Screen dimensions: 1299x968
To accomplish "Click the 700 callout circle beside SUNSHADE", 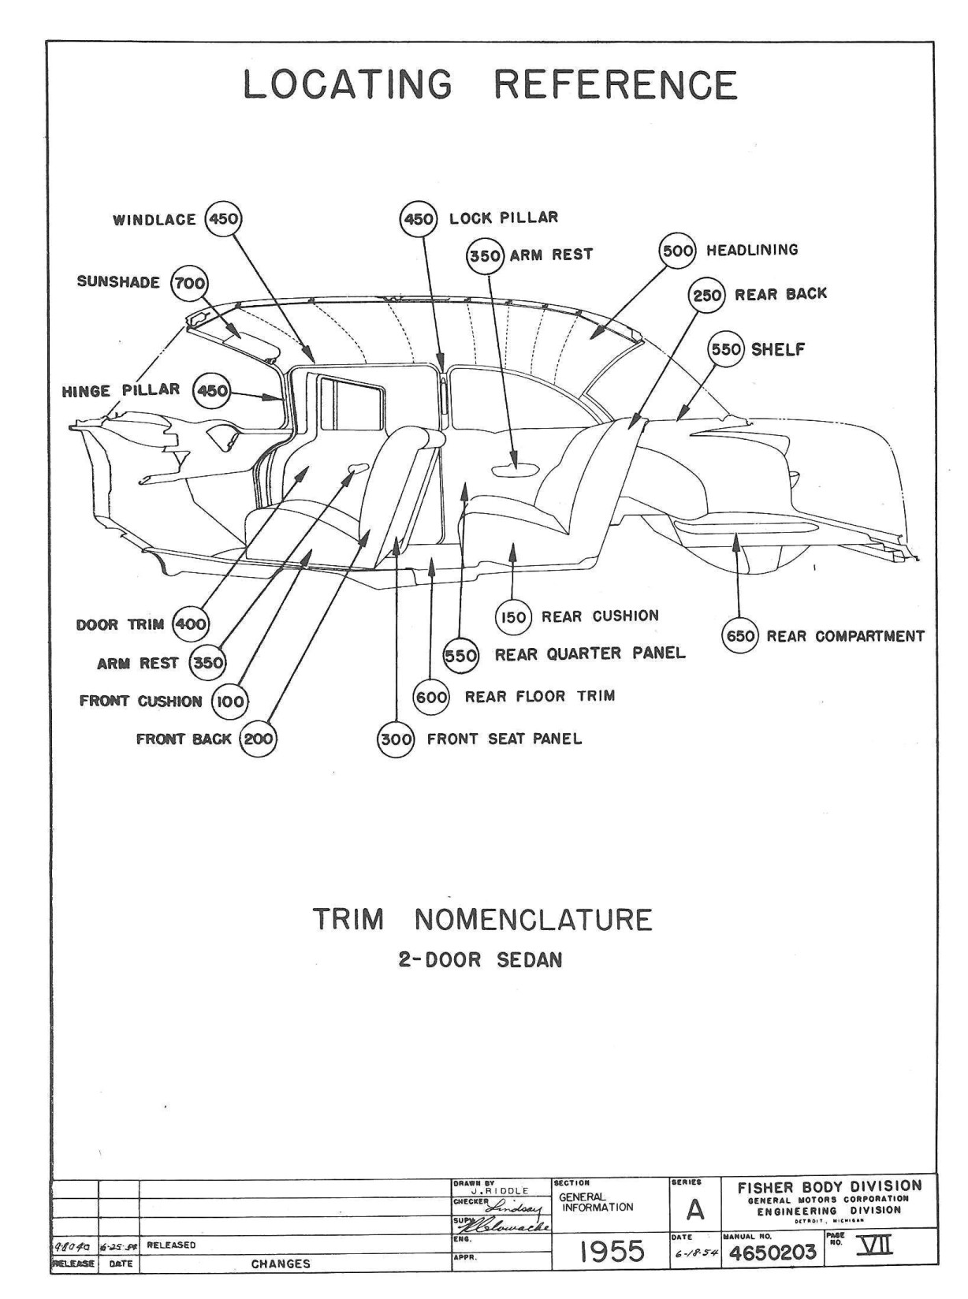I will (x=189, y=283).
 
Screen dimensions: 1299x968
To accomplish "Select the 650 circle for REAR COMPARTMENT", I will (x=741, y=636).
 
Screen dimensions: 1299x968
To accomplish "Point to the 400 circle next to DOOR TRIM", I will (x=190, y=625).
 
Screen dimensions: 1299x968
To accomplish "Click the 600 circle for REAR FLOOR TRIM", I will (x=432, y=697).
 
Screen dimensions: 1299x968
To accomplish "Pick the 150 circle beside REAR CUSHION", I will (x=513, y=617).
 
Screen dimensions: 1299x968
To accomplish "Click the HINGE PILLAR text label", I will (x=121, y=390).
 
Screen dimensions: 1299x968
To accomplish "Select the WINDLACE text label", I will (x=155, y=220).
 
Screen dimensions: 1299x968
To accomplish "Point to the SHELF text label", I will (x=778, y=349).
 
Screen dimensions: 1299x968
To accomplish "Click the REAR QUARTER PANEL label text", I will (x=590, y=653).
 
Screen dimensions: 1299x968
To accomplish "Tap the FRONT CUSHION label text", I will (x=141, y=701).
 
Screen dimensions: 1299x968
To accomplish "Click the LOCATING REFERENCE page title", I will (x=490, y=85).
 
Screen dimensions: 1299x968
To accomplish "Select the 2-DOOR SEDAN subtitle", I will (x=480, y=961).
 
